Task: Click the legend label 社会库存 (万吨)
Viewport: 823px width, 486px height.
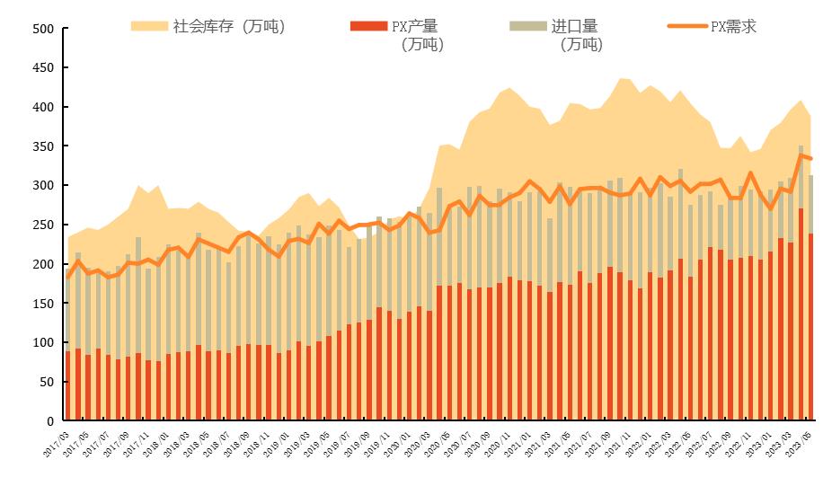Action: click(x=228, y=26)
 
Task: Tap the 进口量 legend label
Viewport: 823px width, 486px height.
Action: click(x=580, y=26)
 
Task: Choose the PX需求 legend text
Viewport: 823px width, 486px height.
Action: click(x=733, y=26)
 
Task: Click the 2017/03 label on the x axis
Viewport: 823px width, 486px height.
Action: click(x=55, y=440)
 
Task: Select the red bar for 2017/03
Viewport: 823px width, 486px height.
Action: click(x=67, y=386)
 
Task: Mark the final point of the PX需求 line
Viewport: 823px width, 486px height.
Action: click(x=810, y=159)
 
